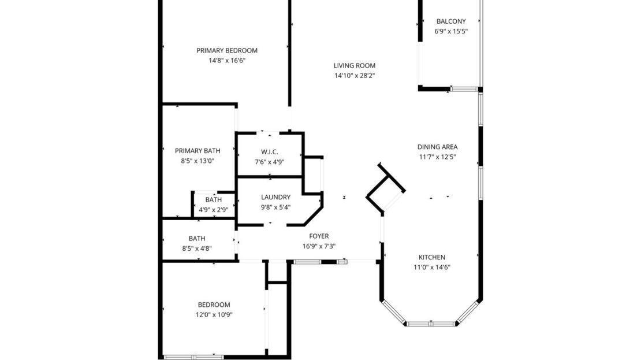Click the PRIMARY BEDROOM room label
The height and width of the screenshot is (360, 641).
[226, 50]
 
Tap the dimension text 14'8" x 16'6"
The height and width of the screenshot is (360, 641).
[226, 60]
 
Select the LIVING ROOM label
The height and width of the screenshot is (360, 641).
[354, 65]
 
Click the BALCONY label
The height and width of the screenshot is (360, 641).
[450, 21]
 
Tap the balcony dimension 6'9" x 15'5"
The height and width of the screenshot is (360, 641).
[450, 31]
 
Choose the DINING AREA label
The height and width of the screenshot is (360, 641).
[437, 147]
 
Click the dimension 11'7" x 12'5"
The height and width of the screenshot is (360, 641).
[437, 157]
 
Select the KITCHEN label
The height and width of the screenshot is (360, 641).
[431, 257]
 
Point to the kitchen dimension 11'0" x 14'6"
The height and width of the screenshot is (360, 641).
[431, 267]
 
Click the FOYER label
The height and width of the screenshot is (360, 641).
[319, 236]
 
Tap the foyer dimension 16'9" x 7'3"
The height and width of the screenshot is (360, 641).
[319, 246]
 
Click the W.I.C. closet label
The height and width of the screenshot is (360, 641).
[269, 151]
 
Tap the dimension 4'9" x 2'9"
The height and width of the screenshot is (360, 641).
[213, 210]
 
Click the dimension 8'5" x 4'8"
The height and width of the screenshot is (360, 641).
[197, 248]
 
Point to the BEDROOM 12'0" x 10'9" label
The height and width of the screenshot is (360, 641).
[214, 305]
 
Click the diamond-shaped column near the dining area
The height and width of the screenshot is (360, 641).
[386, 187]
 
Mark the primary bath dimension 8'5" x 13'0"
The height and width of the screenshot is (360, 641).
[197, 161]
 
